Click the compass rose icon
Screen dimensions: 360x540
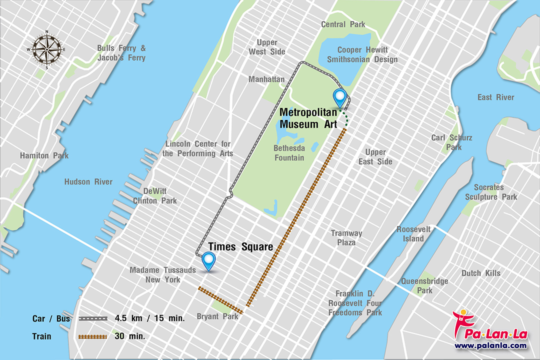[46, 49]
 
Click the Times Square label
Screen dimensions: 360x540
[240, 247]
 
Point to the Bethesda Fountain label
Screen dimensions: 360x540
[289, 153]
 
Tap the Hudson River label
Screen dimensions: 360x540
[88, 182]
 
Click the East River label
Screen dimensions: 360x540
[495, 97]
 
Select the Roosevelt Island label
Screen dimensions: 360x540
[413, 234]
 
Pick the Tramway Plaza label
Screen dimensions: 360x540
[346, 237]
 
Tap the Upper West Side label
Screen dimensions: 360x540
[267, 47]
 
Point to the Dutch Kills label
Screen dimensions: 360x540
[480, 273]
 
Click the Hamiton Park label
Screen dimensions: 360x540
[44, 155]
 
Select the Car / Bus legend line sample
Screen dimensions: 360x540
[92, 318]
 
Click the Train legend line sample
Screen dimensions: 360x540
[92, 336]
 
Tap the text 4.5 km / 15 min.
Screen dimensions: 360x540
[149, 318]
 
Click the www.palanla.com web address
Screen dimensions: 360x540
[490, 345]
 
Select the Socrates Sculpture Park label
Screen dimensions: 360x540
[488, 192]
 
